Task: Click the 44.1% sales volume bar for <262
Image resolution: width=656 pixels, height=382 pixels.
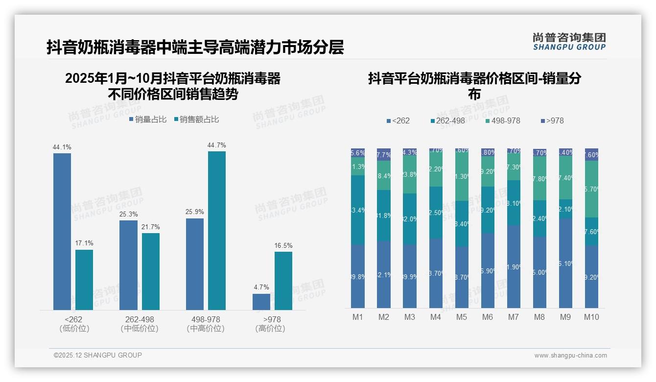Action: [x=62, y=231]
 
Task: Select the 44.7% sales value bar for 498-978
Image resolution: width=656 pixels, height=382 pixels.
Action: [x=217, y=230]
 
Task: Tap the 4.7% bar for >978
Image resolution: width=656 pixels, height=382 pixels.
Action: [x=261, y=302]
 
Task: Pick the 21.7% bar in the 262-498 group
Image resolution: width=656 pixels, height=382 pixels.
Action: [x=151, y=271]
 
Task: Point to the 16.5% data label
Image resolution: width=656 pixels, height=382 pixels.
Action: [x=283, y=246]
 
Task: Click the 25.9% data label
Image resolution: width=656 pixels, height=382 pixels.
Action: [x=195, y=212]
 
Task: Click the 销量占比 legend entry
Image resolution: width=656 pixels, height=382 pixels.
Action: [x=148, y=119]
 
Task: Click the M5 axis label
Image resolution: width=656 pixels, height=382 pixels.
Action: [x=462, y=317]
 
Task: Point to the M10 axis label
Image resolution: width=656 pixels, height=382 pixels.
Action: [x=591, y=317]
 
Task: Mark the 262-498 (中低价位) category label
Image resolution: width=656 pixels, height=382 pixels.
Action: [x=140, y=324]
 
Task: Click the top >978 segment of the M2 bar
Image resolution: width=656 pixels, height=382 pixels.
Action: [x=384, y=154]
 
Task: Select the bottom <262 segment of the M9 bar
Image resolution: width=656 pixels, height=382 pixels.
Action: [x=565, y=263]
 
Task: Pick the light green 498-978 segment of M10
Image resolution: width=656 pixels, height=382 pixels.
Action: [x=591, y=189]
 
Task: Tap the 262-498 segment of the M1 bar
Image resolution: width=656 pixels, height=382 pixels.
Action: [x=358, y=210]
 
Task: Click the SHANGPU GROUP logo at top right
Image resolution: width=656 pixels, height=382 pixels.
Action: [x=569, y=41]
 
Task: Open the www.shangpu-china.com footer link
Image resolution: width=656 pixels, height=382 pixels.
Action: [x=570, y=356]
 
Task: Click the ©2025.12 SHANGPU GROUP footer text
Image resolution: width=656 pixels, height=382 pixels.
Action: [x=98, y=356]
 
